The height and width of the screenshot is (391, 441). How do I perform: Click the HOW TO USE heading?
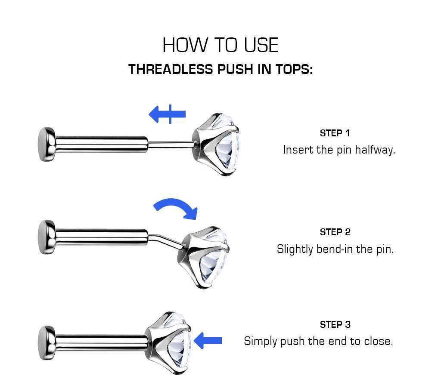[x=220, y=45]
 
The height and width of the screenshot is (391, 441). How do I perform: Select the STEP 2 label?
[x=335, y=232]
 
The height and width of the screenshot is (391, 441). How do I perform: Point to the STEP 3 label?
[x=335, y=324]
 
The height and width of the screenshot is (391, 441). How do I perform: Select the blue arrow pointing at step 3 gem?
[x=208, y=341]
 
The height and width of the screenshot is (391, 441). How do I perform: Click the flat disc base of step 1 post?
[x=45, y=144]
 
